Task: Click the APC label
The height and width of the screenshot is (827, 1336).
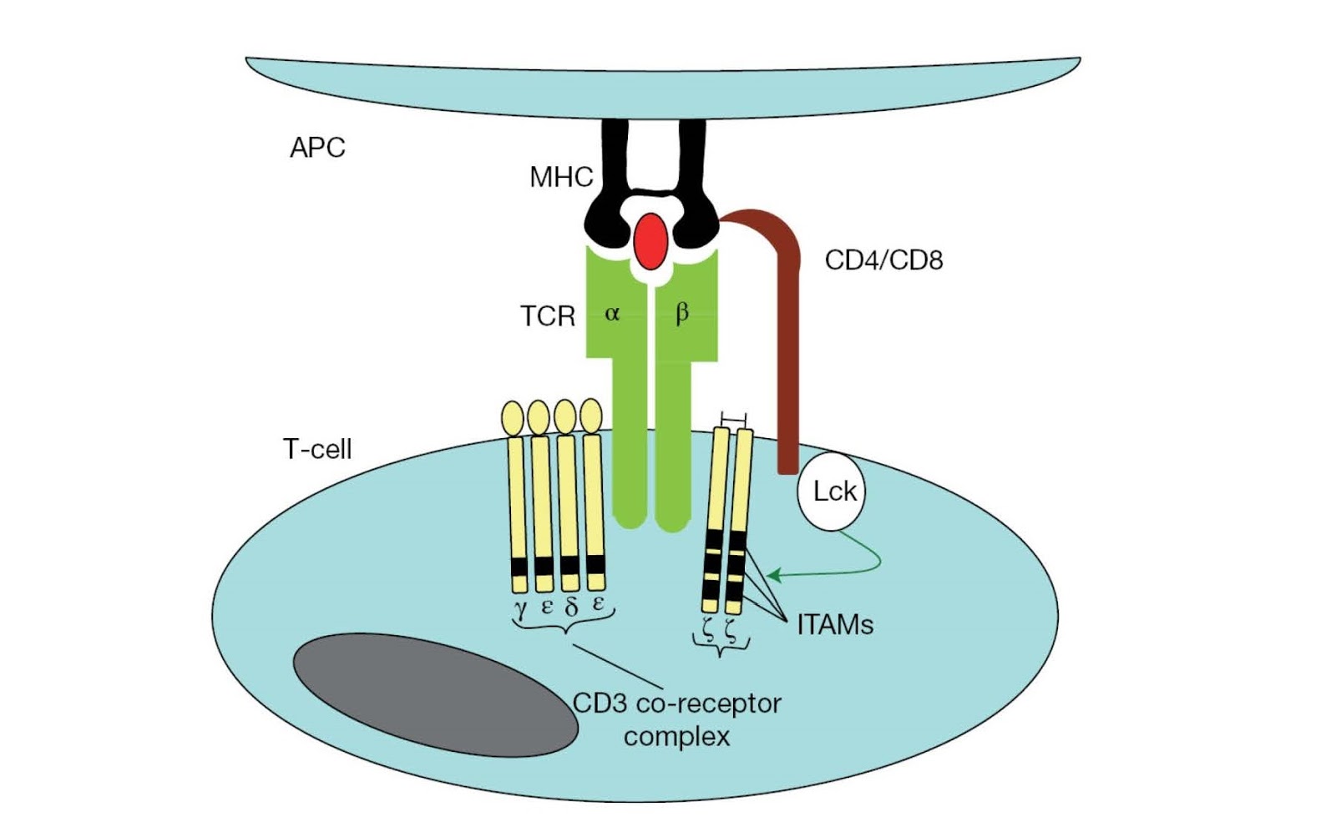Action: coord(317,148)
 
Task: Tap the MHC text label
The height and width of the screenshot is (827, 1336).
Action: coord(560,177)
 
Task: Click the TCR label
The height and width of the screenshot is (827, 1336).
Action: coord(548,316)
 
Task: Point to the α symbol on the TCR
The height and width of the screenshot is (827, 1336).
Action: coord(612,314)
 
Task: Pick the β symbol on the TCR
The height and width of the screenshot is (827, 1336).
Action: coord(681,313)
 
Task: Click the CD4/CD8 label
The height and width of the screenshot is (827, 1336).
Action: coord(883,260)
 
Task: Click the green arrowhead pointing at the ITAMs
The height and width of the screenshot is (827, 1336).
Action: coord(773,575)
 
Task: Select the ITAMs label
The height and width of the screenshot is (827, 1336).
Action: coord(834,624)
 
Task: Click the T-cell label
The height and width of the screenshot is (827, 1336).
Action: coord(317,449)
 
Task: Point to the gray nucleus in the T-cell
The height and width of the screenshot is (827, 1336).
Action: coord(435,694)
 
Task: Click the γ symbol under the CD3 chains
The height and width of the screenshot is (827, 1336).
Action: coord(520,607)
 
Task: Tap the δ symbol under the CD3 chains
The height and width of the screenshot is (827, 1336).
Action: coord(571,607)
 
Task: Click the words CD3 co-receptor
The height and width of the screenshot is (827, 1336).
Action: coord(676,703)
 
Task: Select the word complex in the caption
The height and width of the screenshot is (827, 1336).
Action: coord(676,736)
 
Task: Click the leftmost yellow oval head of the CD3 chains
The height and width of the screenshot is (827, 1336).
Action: coord(512,417)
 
